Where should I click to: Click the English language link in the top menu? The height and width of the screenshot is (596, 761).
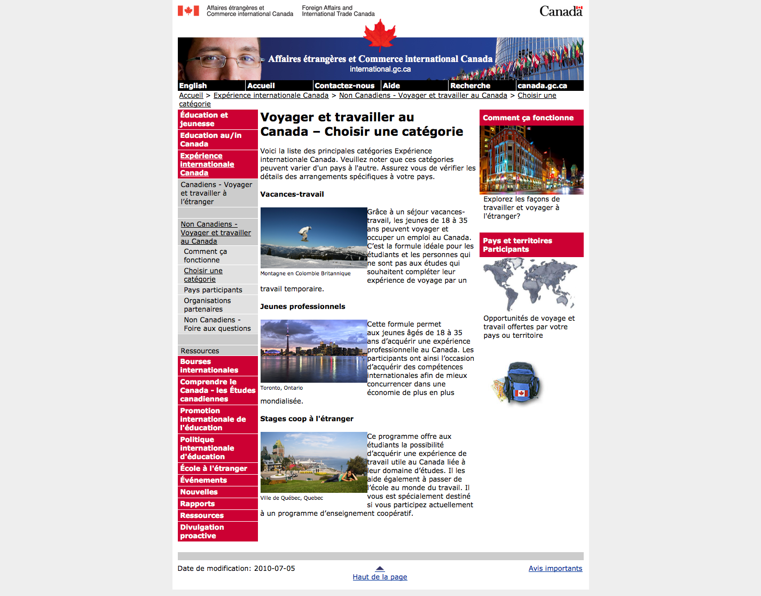193,86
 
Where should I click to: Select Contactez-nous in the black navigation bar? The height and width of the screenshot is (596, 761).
344,86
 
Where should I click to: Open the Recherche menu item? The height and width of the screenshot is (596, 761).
470,86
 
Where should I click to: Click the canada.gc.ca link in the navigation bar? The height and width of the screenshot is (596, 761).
542,86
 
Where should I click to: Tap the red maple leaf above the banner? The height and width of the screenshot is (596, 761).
380,35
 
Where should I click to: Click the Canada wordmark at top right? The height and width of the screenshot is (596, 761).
561,11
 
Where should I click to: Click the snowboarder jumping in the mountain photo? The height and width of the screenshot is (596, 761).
305,234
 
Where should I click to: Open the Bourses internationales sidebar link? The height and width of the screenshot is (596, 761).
209,366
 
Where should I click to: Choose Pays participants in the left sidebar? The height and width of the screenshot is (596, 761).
213,290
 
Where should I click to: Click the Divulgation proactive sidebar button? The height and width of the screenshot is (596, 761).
202,531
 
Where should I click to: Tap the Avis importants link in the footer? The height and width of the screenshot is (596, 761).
555,568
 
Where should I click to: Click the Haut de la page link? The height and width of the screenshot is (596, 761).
380,577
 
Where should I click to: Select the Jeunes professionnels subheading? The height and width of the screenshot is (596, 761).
303,306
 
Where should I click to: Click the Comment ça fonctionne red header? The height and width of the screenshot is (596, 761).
528,118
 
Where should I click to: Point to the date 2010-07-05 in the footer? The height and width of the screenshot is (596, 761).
274,568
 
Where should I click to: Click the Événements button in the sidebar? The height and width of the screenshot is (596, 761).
203,480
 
